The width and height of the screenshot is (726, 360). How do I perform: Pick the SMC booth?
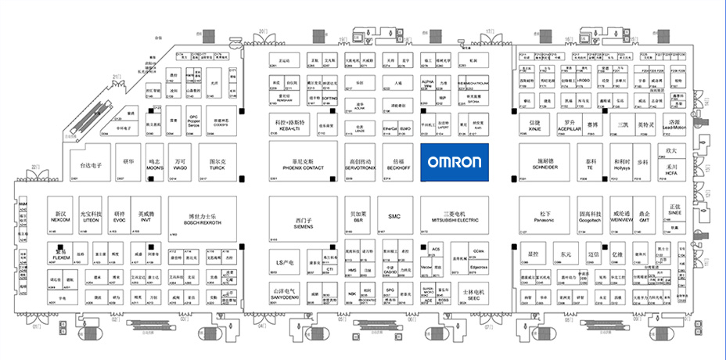point(394,216)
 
